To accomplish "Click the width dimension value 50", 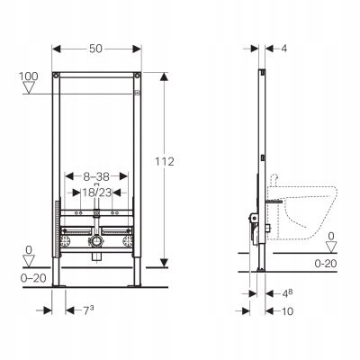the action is (95, 49).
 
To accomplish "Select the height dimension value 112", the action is (165, 162).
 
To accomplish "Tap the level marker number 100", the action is (29, 76).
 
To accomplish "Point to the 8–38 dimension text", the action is (96, 176).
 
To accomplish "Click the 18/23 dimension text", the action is (97, 192).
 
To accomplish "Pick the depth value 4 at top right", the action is (283, 49).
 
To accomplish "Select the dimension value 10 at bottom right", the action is (287, 311).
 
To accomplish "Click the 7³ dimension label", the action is (87, 310).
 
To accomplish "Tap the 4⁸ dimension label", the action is (286, 293).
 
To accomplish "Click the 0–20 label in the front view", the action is (33, 278).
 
